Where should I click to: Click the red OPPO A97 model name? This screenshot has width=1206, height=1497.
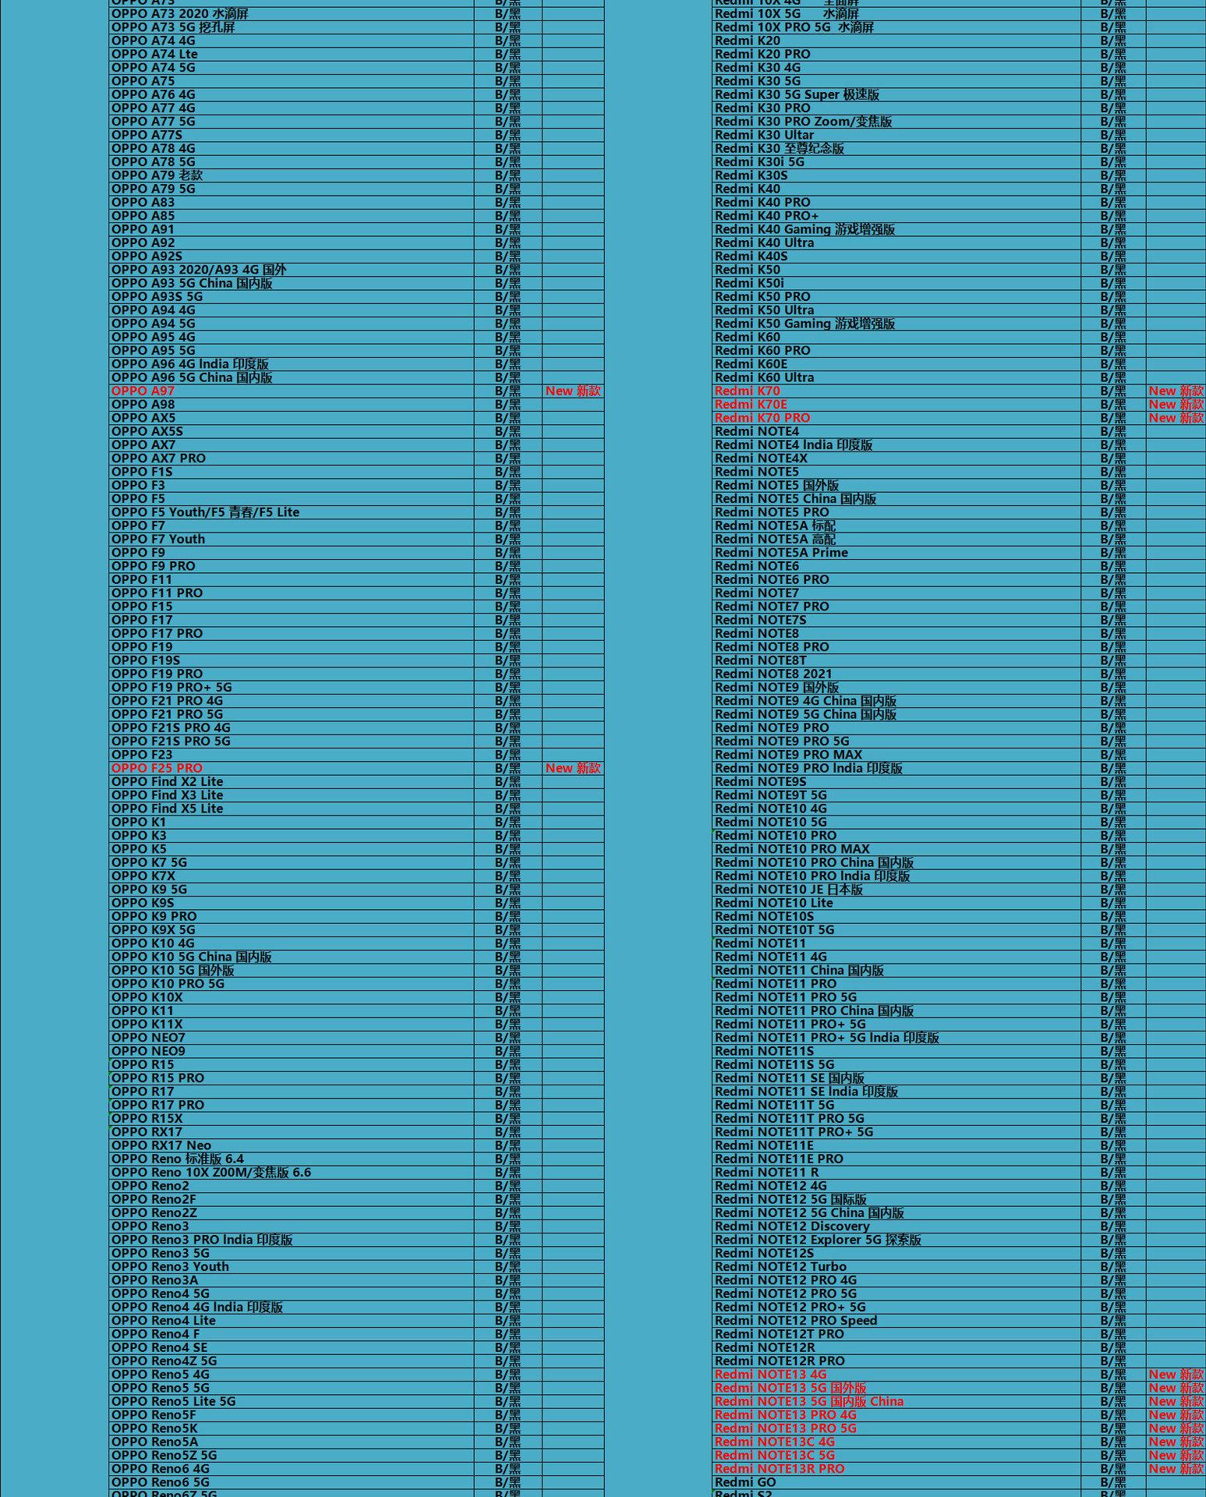[x=143, y=391]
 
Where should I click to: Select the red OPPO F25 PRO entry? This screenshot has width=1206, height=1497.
[x=157, y=768]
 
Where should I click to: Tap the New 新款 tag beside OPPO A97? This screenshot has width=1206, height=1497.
[x=573, y=391]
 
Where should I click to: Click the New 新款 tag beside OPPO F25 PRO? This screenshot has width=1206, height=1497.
[x=573, y=768]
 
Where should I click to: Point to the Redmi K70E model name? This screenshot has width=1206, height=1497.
[x=751, y=404]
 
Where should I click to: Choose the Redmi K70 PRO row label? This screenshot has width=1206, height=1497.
[x=762, y=418]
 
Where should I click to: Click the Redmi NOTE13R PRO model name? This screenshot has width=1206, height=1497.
[x=780, y=1468]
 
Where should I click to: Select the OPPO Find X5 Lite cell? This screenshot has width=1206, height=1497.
[x=167, y=809]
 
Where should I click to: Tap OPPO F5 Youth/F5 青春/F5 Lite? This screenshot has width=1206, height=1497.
[x=205, y=512]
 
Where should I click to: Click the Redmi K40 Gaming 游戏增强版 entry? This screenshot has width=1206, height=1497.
[x=805, y=229]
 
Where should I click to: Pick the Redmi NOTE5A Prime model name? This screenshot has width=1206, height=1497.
[x=781, y=553]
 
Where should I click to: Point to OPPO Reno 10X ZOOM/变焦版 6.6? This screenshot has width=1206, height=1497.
[x=210, y=1172]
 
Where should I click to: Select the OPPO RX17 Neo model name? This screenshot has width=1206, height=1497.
[x=161, y=1145]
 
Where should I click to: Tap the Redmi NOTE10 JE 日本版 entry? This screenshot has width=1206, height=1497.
[x=788, y=890]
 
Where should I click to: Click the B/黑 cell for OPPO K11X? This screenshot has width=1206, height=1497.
[x=508, y=1024]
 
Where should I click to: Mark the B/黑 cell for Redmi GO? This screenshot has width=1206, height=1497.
[x=1112, y=1482]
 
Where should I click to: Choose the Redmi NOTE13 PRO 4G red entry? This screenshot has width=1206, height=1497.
[x=785, y=1414]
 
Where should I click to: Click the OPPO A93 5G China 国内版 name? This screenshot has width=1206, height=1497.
[x=192, y=283]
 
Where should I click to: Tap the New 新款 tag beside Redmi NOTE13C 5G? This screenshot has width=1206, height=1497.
[x=1176, y=1455]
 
